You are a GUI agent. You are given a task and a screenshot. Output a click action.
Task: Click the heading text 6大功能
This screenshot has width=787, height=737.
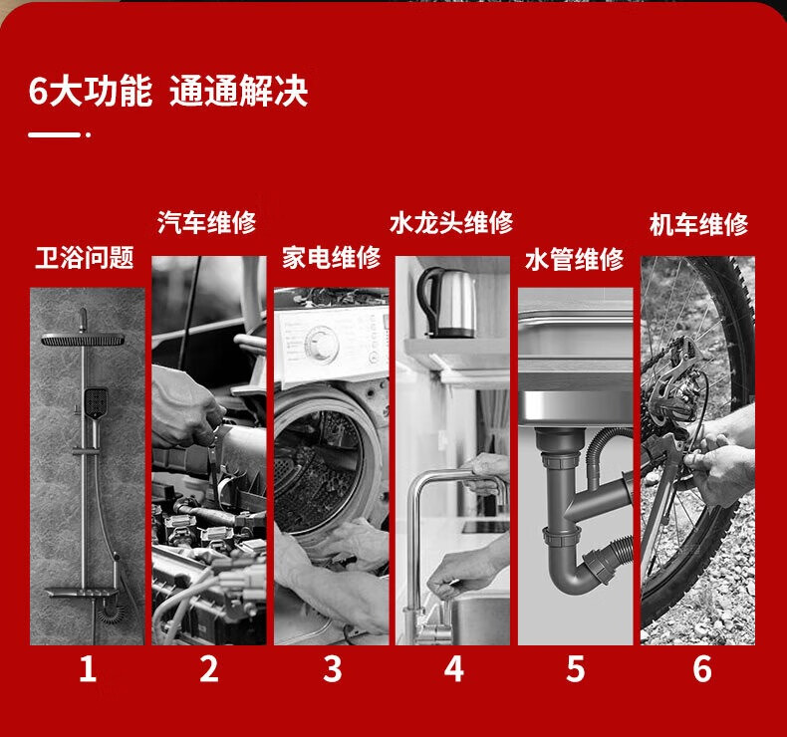pyautogui.click(x=91, y=91)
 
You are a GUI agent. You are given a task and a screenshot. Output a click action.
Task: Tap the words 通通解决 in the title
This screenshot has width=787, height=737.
pyautogui.click(x=238, y=91)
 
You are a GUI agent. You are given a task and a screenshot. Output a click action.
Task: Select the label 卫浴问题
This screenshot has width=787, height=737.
pyautogui.click(x=85, y=258)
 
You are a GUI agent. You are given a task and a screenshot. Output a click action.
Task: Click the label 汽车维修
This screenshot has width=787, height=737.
pyautogui.click(x=207, y=222)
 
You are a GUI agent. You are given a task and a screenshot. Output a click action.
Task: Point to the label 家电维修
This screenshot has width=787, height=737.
pyautogui.click(x=332, y=258)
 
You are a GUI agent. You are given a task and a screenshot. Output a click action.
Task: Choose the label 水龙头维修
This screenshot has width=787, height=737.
pyautogui.click(x=451, y=222)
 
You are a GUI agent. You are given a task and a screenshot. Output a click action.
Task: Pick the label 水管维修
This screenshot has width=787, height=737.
pyautogui.click(x=574, y=259)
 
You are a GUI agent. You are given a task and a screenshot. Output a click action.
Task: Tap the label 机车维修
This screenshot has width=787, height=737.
pyautogui.click(x=698, y=224)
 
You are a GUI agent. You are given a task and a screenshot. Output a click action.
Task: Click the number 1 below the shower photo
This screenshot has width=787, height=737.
pyautogui.click(x=88, y=668)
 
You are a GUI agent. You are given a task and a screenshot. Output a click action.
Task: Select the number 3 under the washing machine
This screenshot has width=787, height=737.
pyautogui.click(x=333, y=668)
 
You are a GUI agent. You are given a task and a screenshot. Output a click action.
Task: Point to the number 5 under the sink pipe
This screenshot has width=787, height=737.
pyautogui.click(x=575, y=668)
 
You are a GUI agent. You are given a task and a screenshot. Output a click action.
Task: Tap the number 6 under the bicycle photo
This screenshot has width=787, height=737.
pyautogui.click(x=702, y=668)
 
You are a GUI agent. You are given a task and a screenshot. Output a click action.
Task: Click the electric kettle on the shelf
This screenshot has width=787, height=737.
pyautogui.click(x=445, y=303)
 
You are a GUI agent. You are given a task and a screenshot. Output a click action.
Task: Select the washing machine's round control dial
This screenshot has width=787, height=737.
pyautogui.click(x=321, y=344)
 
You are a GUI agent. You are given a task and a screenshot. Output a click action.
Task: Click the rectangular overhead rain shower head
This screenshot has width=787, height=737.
pyautogui.click(x=83, y=341)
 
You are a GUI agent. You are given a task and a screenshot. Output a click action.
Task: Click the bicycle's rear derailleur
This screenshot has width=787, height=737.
pyautogui.click(x=675, y=381)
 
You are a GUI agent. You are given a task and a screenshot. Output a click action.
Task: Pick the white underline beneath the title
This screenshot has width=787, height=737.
pyautogui.click(x=54, y=134)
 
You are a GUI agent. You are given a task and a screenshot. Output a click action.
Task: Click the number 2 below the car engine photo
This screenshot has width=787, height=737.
pyautogui.click(x=209, y=668)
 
